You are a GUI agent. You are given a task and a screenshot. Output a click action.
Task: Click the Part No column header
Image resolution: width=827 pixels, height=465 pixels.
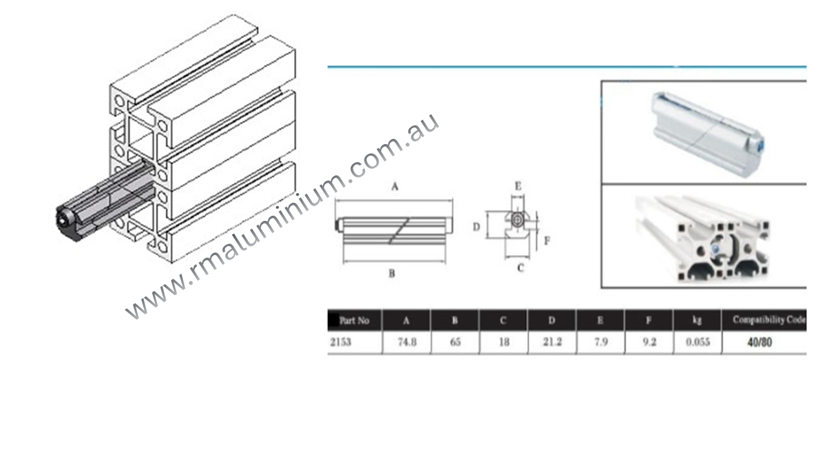[355, 321]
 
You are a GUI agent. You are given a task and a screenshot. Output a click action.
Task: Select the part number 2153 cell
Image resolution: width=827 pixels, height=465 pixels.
[340, 342]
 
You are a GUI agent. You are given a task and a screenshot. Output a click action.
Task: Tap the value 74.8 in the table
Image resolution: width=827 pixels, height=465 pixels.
[407, 342]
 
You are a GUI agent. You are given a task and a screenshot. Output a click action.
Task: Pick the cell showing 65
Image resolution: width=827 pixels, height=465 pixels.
[455, 342]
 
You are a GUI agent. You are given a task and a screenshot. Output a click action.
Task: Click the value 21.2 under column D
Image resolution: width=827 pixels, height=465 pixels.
[552, 342]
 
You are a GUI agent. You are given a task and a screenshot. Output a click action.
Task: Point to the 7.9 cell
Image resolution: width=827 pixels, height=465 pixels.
[600, 342]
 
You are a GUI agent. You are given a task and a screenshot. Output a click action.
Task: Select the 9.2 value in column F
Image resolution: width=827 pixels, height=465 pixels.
[649, 342]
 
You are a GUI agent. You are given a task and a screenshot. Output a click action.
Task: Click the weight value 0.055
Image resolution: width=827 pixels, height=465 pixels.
[697, 342]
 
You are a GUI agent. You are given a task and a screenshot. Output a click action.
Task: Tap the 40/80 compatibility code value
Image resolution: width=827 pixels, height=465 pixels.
[759, 342]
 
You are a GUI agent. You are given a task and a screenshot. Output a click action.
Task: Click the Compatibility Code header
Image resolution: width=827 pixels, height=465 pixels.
[769, 320]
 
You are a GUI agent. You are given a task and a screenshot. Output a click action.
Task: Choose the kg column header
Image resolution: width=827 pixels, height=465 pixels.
[697, 321]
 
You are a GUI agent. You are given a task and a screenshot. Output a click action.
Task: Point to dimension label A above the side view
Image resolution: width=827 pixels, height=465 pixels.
[393, 187]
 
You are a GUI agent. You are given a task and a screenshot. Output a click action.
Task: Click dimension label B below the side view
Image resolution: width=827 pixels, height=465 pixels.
[392, 273]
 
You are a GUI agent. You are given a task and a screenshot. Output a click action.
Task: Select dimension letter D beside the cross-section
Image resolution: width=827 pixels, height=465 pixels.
[476, 227]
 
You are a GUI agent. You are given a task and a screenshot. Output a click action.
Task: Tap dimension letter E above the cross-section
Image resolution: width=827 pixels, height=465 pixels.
[518, 186]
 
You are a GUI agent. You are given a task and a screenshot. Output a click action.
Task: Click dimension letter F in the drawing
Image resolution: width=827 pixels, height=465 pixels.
[547, 241]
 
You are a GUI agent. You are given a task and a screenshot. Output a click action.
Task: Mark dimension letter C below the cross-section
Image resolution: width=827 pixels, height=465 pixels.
[520, 268]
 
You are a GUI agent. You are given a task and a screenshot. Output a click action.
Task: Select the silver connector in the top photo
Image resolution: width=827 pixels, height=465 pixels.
[708, 123]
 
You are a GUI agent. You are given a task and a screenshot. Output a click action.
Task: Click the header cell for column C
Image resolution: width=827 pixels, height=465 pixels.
[503, 321]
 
